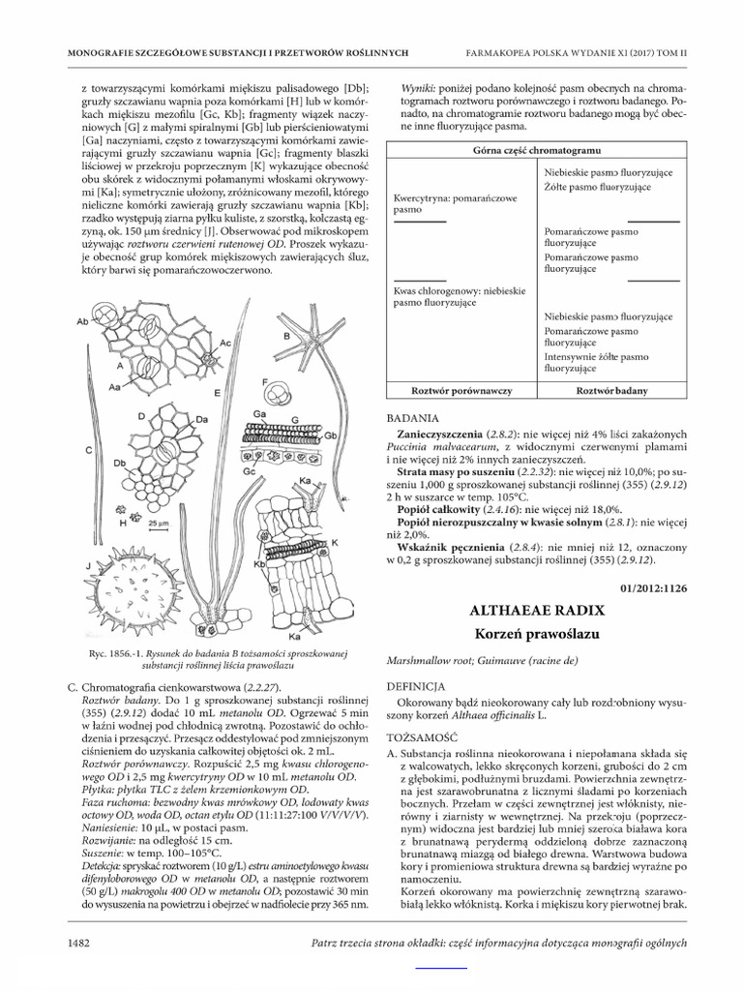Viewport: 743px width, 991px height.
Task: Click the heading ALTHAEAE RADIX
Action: click(536, 611)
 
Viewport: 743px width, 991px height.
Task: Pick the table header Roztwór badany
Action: click(611, 390)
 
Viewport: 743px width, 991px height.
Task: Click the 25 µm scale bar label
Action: click(158, 523)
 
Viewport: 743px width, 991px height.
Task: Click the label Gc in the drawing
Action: click(249, 470)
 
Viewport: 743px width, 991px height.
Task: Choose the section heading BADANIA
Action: click(413, 418)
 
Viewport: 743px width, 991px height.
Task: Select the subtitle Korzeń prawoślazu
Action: click(536, 635)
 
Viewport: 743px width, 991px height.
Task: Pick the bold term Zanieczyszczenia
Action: click(443, 436)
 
